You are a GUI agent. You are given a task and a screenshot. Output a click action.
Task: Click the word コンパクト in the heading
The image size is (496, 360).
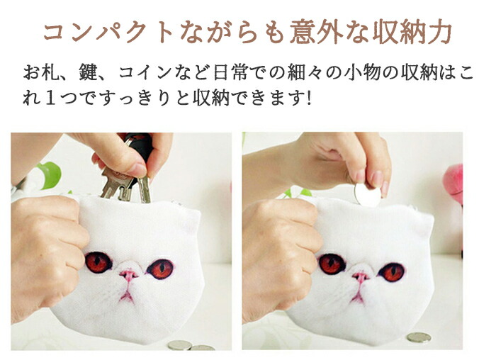pos(108,33)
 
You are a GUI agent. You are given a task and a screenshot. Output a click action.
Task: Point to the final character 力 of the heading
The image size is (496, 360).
pos(439,33)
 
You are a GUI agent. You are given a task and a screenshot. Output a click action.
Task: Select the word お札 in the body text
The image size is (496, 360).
pos(41,72)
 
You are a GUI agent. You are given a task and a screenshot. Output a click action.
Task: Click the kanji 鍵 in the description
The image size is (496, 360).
pos(87,72)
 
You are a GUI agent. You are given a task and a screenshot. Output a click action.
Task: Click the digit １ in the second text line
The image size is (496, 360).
pos(50,99)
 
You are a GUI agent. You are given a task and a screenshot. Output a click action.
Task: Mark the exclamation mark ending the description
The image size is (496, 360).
pos(309,99)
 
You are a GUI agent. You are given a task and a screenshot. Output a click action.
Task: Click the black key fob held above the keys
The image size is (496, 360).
pos(138,146)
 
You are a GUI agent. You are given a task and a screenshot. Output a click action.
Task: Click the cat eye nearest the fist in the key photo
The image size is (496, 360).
pos(98,262)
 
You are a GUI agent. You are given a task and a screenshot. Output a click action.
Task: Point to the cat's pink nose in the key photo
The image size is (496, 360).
pos(128,274)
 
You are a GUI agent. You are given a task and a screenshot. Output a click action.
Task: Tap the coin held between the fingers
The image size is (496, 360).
pos(367,195)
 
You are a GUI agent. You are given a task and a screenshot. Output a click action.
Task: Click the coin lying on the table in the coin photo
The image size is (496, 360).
pos(419,337)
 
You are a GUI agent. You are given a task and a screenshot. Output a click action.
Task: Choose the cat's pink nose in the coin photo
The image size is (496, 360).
pos(360,277)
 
